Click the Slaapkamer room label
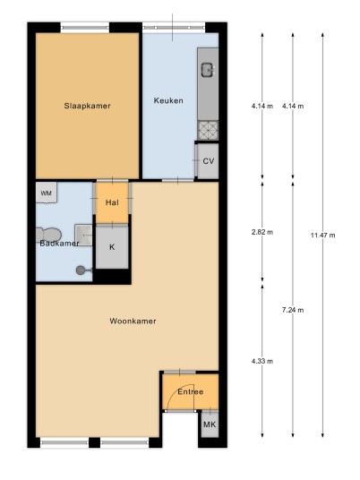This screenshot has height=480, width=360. pyautogui.click(x=87, y=106)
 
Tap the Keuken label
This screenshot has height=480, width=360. pyautogui.click(x=168, y=100)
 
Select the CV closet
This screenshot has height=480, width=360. pyautogui.click(x=208, y=160)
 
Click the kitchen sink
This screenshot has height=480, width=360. pyautogui.click(x=209, y=70)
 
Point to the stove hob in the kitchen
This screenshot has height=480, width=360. pyautogui.click(x=208, y=130)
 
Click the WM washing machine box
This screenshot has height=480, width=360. pyautogui.click(x=47, y=193)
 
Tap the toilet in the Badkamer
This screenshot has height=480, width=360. pyautogui.click(x=48, y=235)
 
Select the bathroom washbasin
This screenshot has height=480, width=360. pyautogui.click(x=83, y=235)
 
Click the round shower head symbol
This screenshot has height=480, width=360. pyautogui.click(x=81, y=270)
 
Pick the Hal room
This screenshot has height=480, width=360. pyautogui.click(x=112, y=202)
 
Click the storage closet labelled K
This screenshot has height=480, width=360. pyautogui.click(x=112, y=247)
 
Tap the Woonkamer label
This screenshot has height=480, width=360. pyautogui.click(x=133, y=321)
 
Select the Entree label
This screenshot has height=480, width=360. pyautogui.click(x=191, y=392)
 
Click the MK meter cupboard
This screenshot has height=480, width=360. pyautogui.click(x=210, y=424)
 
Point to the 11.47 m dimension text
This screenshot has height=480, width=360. pyautogui.click(x=323, y=236)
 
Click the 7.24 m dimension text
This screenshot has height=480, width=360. pyautogui.click(x=293, y=310)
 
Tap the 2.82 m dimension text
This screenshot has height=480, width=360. pyautogui.click(x=262, y=232)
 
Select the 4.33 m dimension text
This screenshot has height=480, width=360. pyautogui.click(x=262, y=361)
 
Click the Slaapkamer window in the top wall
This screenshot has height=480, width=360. pyautogui.click(x=85, y=28)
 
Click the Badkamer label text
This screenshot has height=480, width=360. pyautogui.click(x=59, y=244)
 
